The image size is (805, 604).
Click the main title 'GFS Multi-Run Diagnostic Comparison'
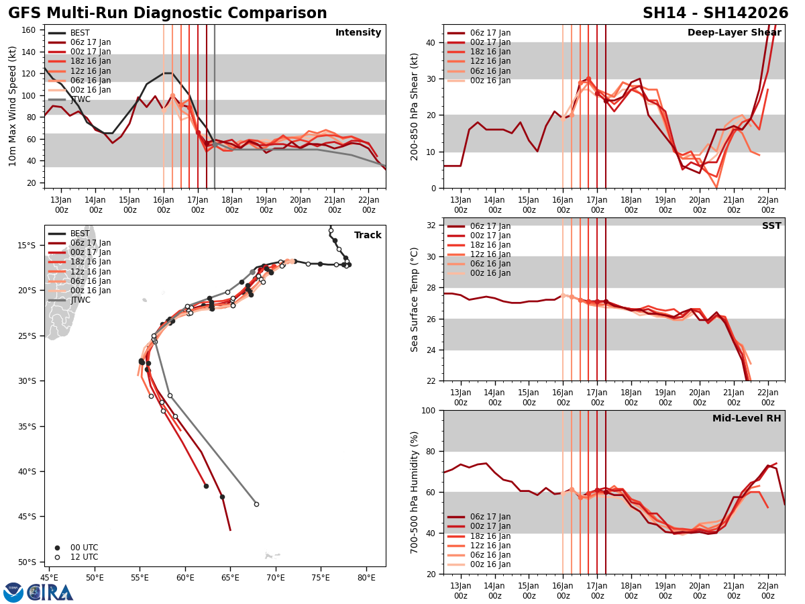168,13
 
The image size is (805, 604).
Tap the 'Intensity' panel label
358,33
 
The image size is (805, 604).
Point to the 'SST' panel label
771,226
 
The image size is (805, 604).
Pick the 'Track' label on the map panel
368,236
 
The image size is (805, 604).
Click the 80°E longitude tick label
366,577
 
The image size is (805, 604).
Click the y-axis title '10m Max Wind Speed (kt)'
13,106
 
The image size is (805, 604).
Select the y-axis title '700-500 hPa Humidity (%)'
415,492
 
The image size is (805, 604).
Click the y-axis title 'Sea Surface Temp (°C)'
415,299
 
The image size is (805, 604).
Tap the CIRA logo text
51,593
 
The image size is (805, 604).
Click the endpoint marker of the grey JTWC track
256,504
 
